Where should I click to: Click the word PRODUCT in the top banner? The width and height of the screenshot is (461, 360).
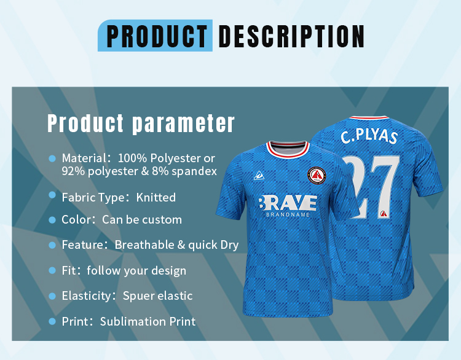157,36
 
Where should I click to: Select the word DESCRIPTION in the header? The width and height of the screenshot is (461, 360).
291,36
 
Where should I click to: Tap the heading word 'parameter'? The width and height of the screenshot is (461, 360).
183,123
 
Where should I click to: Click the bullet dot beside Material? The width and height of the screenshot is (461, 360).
52,158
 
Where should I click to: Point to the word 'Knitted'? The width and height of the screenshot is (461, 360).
156,197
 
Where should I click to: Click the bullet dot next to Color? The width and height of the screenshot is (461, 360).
52,220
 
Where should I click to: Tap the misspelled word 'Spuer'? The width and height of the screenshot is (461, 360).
136,296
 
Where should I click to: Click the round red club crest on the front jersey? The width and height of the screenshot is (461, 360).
317,176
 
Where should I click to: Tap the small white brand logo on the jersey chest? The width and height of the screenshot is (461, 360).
259,176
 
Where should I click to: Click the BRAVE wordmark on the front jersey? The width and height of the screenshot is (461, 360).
288,203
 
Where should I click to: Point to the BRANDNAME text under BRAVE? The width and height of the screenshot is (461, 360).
288,215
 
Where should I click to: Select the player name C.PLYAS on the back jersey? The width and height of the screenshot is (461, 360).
369,136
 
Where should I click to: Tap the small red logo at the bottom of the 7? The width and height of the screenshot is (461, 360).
383,214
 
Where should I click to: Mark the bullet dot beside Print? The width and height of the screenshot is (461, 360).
52,321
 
